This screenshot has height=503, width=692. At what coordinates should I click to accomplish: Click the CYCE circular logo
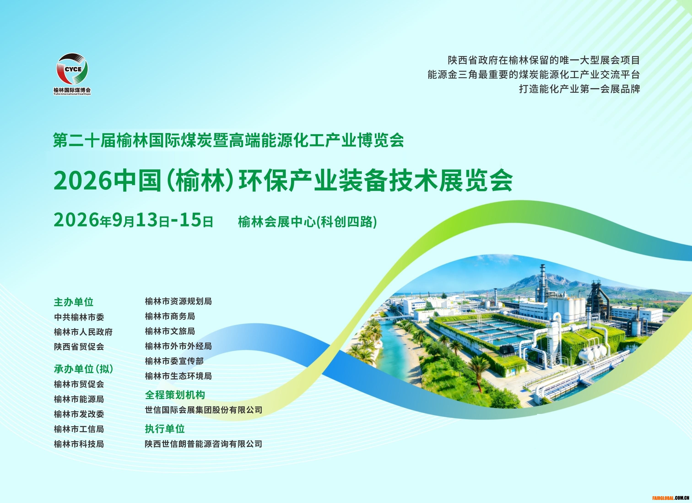point(73,70)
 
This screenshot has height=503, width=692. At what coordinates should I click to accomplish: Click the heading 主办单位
point(73,302)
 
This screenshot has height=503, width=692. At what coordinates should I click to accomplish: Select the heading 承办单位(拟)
point(84,369)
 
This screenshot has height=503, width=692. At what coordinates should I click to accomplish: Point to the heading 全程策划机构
point(175,395)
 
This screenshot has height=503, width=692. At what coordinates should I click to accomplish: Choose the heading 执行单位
point(165,429)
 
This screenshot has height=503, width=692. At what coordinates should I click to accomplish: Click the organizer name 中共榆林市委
point(79,317)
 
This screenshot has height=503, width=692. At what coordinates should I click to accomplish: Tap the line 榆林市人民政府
point(83,332)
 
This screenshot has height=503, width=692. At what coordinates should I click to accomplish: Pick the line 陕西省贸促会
point(79,347)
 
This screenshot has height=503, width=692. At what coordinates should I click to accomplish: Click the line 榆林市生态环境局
point(178,376)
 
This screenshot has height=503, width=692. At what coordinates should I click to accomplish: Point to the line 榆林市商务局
point(170,316)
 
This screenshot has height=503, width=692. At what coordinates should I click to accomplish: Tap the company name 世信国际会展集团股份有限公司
point(203,410)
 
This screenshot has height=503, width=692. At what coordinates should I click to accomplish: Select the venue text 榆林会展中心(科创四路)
point(307,222)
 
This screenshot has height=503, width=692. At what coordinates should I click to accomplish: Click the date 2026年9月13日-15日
point(133,220)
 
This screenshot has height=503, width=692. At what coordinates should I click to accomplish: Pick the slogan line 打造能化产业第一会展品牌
point(579,89)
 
